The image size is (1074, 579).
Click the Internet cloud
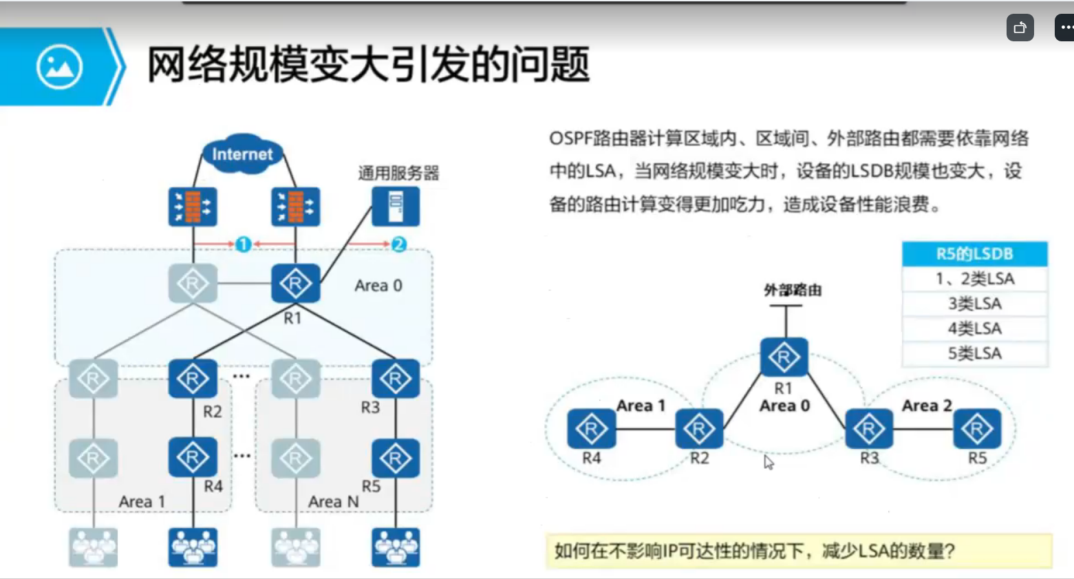242,154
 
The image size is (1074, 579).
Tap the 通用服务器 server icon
396,207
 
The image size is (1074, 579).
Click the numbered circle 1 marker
243,244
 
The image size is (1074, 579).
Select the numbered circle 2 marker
398,244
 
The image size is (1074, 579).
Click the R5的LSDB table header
974,254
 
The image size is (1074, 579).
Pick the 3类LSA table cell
974,304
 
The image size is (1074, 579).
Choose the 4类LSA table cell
974,328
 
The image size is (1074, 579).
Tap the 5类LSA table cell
974,353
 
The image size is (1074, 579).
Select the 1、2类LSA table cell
974,279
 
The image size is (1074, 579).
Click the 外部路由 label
793,290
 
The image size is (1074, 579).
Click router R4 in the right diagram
591,429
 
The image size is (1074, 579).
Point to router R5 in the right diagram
977,429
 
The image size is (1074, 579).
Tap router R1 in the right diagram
784,357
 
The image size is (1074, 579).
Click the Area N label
334,502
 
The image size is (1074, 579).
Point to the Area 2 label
927,406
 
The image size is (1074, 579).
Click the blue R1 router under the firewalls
295,283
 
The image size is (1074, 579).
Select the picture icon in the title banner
60,67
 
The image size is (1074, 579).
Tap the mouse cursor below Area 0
769,463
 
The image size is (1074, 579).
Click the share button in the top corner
1020,28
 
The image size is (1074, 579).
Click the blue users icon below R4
193,547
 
